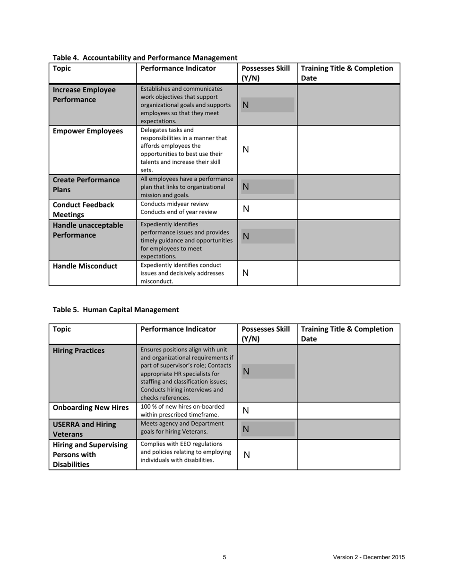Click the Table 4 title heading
pos(145,58)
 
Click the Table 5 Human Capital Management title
pos(116,310)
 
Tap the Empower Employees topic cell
pos(88,131)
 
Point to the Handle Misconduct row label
pos(85,266)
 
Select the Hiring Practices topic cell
pos(78,351)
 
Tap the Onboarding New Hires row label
pos(91,408)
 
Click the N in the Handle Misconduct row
pos(245,273)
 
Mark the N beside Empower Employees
pos(245,150)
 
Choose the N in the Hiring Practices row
pos(245,372)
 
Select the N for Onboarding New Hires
pos(245,411)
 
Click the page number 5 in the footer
pos(224,557)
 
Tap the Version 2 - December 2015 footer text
pos(369,557)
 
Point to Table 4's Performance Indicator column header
pos(178,68)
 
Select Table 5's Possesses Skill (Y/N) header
pos(265,334)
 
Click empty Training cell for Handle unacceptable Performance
pos(348,240)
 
